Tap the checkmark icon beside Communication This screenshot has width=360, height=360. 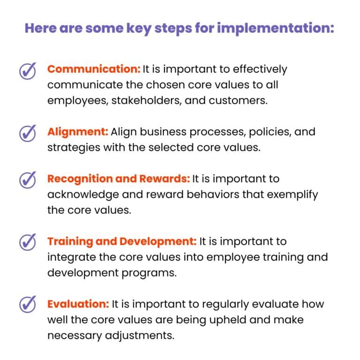[x=28, y=72]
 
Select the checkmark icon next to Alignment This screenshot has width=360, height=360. [x=28, y=134]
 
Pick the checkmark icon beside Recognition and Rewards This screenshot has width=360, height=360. [x=28, y=180]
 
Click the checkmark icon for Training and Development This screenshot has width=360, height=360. [x=28, y=243]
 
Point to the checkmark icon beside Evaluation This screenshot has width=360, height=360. [x=28, y=305]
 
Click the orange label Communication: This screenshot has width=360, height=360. [x=94, y=69]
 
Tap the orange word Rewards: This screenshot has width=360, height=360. [x=165, y=179]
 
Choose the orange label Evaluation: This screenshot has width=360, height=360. [x=78, y=304]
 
